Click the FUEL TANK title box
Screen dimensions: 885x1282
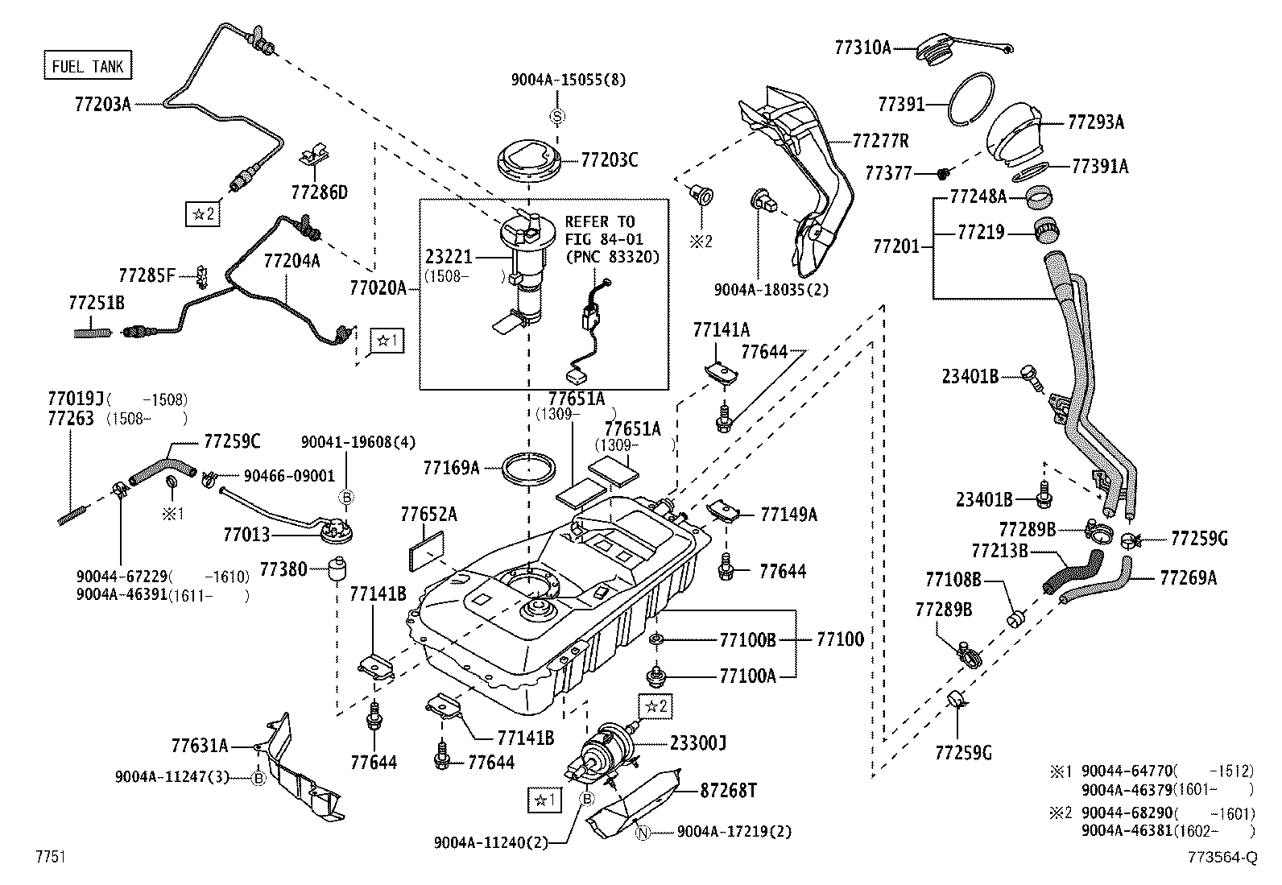87,66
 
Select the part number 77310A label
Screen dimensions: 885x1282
862,48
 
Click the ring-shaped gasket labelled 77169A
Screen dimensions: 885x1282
528,468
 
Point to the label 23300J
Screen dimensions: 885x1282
698,743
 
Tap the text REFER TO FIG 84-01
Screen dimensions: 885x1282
600,230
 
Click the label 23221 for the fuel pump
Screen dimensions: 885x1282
449,258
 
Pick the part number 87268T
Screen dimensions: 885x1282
729,792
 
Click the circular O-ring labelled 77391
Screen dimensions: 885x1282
972,97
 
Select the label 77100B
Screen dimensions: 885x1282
747,640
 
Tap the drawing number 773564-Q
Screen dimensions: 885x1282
1221,858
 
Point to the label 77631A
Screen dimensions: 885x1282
200,746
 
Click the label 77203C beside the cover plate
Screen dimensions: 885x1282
610,160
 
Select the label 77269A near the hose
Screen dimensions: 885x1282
1188,577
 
